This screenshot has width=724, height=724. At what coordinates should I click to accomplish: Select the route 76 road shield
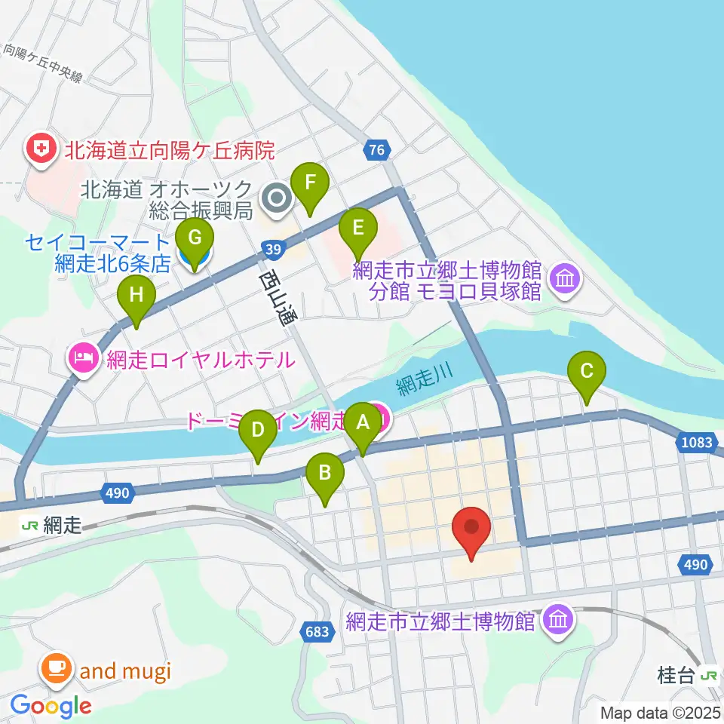377,150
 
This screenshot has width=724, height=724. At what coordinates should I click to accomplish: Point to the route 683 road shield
318,631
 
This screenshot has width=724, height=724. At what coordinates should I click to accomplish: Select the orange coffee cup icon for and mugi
58,668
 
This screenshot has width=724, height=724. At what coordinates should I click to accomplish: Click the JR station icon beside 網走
30,526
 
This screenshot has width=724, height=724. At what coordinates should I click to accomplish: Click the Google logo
51,707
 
